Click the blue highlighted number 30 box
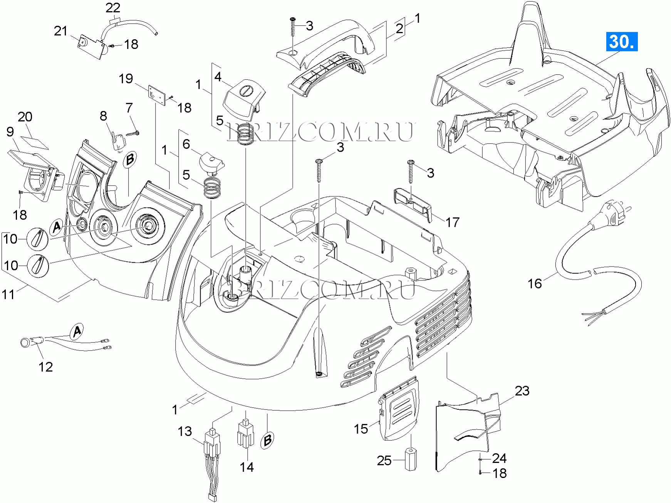622,42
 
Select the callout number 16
534,284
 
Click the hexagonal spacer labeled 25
411,459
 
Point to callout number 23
522,391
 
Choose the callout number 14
247,467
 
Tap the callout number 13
185,431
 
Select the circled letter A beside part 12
77,331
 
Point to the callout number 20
25,117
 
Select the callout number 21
60,31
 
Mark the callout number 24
499,458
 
